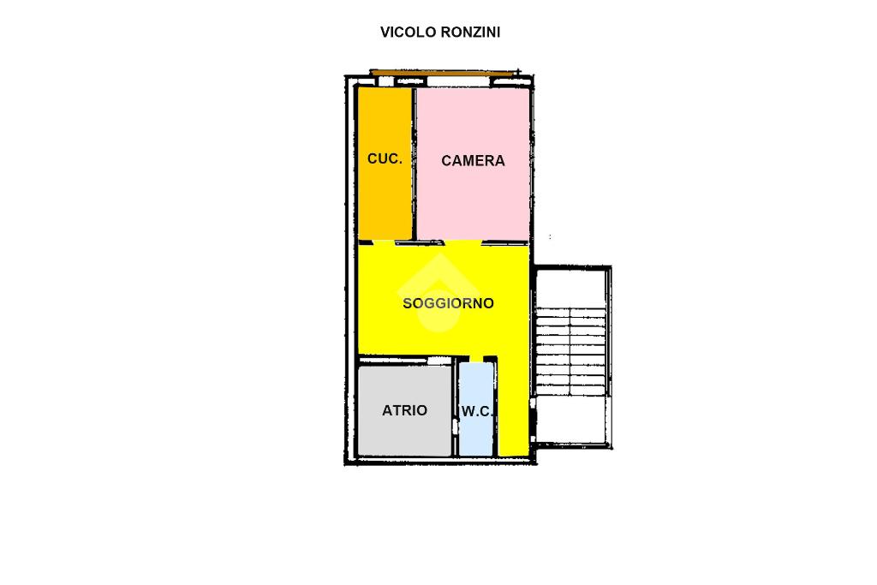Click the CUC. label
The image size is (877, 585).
(385, 158)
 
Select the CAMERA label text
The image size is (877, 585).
(473, 161)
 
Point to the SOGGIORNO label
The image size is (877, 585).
(448, 303)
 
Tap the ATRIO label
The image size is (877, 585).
(404, 410)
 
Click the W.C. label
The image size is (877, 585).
(477, 412)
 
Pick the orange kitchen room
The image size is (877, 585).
(385, 163)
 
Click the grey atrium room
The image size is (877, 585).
(404, 410)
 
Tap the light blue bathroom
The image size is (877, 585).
(476, 409)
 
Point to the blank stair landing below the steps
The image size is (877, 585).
(570, 420)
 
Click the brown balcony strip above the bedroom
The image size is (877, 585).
(443, 72)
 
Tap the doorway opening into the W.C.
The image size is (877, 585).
(476, 359)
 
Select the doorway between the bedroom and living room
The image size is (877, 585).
(463, 242)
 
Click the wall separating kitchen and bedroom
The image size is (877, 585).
(415, 164)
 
